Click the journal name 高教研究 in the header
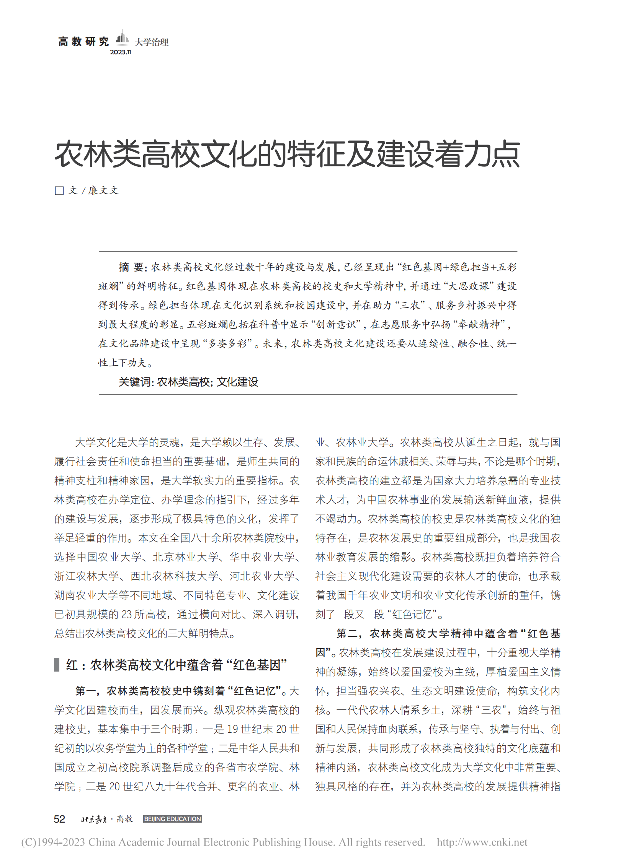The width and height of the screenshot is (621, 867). pos(83,41)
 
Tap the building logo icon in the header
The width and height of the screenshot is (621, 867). pos(122,37)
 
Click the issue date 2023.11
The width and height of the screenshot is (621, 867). pos(121,52)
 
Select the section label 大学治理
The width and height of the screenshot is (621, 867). pos(152,42)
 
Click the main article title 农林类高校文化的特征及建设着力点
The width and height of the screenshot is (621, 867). pos(287,154)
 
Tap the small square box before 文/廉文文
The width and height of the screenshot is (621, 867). pos(59,190)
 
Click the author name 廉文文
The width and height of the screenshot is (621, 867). pos(103,190)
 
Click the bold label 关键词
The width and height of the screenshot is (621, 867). pos(136,382)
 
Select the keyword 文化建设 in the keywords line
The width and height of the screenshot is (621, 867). pos(237,382)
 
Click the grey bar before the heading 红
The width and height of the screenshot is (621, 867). pos(57,665)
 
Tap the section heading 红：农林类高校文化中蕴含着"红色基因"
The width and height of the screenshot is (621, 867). pos(176,665)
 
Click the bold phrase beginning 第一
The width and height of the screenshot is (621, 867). pos(180,691)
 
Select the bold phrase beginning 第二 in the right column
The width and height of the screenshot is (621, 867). pos(448,634)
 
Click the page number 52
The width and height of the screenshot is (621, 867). pos(59,819)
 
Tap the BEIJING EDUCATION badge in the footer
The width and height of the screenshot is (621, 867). pos(172,819)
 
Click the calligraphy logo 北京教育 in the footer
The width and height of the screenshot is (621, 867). pos(94,819)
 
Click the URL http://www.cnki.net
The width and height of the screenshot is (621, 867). pos(482,842)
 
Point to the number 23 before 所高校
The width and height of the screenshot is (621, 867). pos(127,615)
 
